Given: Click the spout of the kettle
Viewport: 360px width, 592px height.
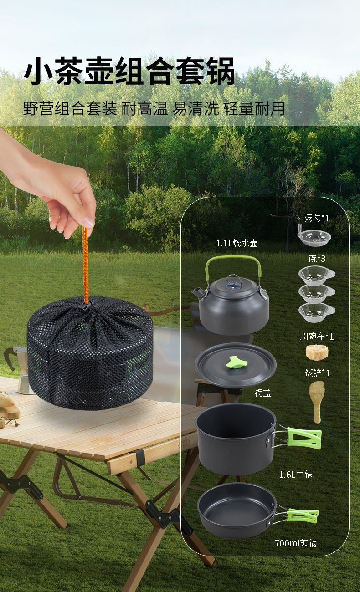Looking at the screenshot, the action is point(197,292).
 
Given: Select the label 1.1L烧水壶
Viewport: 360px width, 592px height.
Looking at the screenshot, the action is point(237,244).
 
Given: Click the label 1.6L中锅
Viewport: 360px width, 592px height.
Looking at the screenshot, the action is point(296,475).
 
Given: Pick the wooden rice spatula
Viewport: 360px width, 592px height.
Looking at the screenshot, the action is point(317,402).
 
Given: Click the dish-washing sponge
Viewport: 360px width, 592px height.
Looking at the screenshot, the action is point(317,352).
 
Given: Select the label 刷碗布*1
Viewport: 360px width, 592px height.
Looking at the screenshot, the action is point(317,337).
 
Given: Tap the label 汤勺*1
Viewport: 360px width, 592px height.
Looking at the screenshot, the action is point(317,218).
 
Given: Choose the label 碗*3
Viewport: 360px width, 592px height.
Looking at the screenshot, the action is point(317,259).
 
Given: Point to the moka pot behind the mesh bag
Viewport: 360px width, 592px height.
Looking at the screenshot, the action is point(17,369).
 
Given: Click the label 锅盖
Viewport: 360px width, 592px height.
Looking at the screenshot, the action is point(262,393).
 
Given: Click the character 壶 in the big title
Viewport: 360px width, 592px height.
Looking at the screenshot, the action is point(99,71).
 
